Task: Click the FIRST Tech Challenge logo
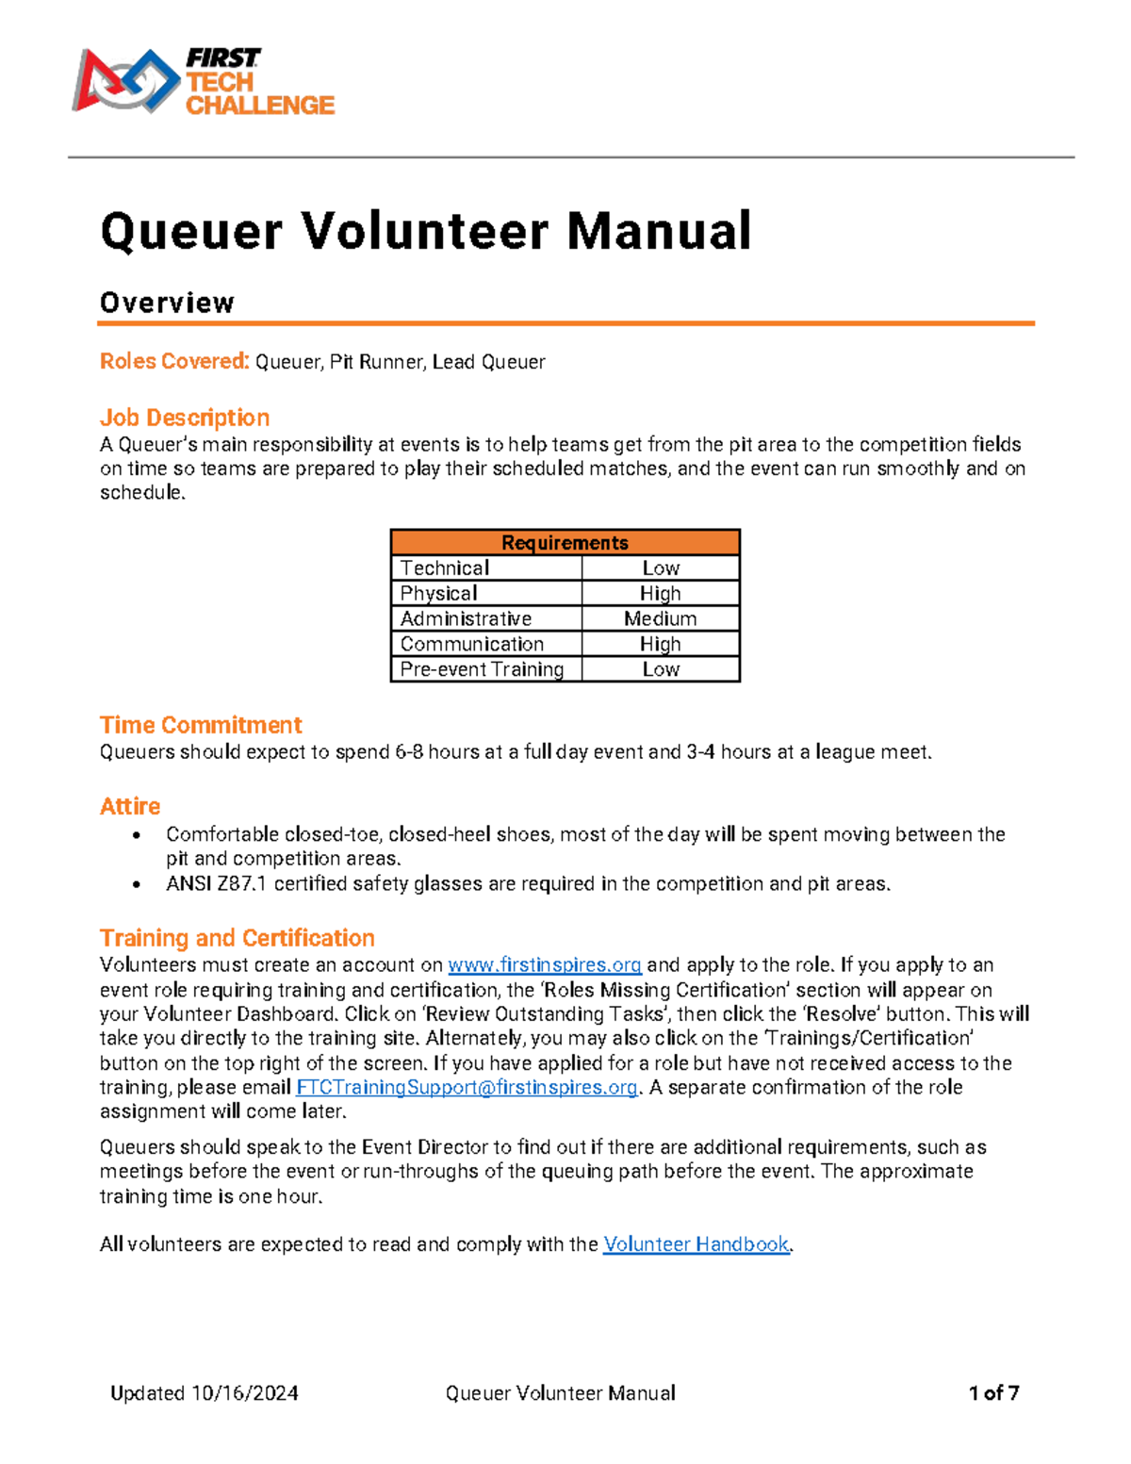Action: point(203,82)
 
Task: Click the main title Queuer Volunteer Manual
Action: point(426,231)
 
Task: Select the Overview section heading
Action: point(167,303)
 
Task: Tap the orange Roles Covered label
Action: point(174,361)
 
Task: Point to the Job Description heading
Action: point(185,418)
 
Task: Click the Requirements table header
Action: point(565,542)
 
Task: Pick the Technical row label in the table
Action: point(445,568)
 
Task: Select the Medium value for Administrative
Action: point(660,618)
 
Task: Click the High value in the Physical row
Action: point(660,593)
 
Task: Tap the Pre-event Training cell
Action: point(482,669)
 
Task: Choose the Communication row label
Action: point(472,644)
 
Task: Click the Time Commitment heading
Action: point(201,725)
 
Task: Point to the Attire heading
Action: point(130,806)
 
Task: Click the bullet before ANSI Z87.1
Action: point(138,884)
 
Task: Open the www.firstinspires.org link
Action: point(545,964)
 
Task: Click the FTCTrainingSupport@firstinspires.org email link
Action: point(467,1087)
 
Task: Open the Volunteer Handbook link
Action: point(696,1244)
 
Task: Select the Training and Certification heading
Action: point(238,938)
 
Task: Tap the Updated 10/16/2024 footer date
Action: point(205,1393)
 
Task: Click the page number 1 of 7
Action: point(993,1393)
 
